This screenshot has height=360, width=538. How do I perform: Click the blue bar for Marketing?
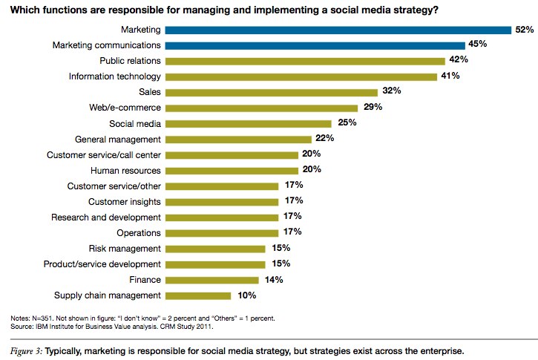tap(338, 30)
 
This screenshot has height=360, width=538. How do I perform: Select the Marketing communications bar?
tap(315, 45)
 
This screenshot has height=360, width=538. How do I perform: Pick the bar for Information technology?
tap(301, 76)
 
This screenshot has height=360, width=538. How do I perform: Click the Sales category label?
tap(150, 92)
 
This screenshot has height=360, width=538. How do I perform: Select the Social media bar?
tap(248, 123)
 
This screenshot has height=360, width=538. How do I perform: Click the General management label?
tap(118, 139)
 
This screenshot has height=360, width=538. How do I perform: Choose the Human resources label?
tap(128, 170)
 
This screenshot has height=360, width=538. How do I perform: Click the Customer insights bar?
tap(222, 201)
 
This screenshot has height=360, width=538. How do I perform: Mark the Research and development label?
tap(105, 217)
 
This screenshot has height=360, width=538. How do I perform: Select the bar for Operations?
tap(222, 232)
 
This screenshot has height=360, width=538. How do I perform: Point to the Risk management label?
tap(125, 248)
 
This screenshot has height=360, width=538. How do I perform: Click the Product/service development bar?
tap(215, 264)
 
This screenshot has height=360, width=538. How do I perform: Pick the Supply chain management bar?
tap(199, 295)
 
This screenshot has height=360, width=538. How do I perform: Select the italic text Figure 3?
tap(26, 348)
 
